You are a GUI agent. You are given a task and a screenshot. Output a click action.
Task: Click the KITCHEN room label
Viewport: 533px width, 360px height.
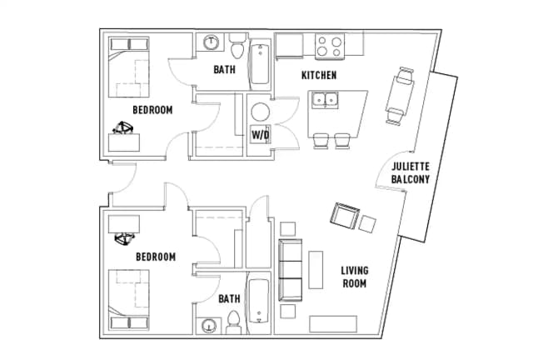(x=319, y=75)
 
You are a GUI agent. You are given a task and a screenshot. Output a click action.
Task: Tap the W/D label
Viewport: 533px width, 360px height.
(x=260, y=135)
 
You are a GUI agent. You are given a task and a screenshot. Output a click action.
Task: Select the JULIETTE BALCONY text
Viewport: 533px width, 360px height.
(x=411, y=172)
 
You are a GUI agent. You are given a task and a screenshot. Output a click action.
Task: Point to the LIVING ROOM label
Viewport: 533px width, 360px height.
(x=355, y=277)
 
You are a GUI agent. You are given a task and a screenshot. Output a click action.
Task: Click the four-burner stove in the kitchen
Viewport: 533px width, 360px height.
(x=330, y=47)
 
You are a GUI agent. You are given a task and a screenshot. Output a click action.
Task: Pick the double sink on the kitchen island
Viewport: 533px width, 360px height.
(x=326, y=100)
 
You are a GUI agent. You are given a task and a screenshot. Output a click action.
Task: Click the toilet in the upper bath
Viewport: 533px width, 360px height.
(x=237, y=46)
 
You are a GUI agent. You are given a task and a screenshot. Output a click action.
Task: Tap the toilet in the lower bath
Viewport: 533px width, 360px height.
(x=233, y=322)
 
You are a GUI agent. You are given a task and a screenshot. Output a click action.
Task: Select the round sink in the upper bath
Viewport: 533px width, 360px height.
(x=211, y=42)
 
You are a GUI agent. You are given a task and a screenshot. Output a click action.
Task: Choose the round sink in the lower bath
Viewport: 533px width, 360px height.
(x=208, y=327)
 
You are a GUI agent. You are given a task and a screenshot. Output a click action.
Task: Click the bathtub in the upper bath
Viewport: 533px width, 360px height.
(x=260, y=64)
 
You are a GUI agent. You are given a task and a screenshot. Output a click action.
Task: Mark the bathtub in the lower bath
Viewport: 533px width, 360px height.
(x=259, y=302)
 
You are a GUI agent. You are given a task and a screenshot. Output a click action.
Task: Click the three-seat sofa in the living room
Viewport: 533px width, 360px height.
(x=291, y=270)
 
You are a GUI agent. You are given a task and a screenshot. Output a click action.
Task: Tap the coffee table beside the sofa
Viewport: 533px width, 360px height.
(x=316, y=270)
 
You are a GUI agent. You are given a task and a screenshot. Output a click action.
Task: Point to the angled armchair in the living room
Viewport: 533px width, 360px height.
(x=345, y=216)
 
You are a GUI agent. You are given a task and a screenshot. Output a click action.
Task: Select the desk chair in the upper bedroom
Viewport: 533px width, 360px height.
(x=122, y=128)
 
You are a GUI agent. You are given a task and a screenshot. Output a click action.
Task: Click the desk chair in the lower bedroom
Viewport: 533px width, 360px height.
(x=124, y=238)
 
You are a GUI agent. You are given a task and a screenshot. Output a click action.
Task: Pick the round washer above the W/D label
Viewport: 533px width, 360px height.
(x=261, y=112)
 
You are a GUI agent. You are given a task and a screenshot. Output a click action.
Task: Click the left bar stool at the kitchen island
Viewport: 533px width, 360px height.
(x=321, y=141)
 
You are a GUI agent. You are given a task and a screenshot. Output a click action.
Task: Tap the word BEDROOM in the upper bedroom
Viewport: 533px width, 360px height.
(x=152, y=110)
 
